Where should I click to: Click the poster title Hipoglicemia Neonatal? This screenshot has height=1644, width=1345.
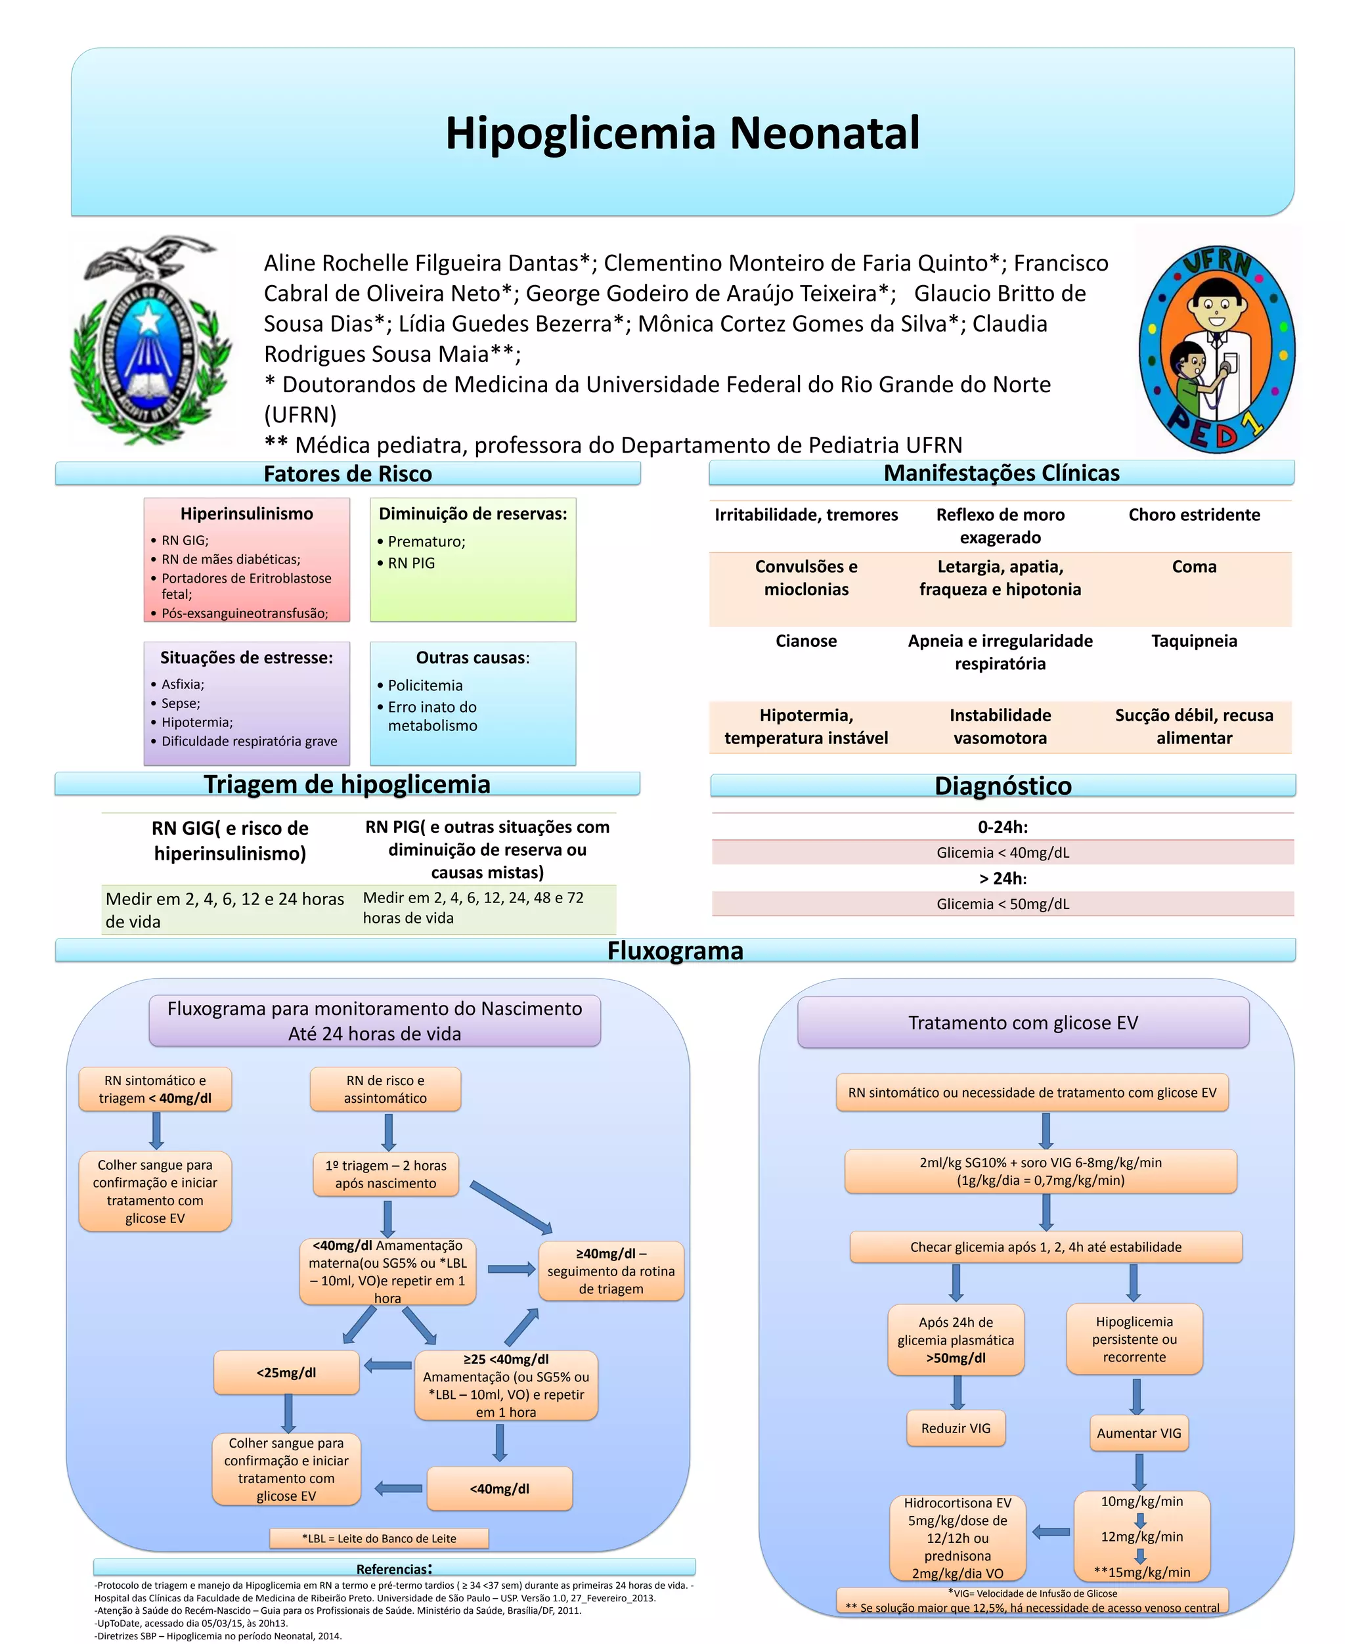(x=682, y=133)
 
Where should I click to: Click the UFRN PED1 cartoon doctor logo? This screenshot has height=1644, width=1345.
(x=1216, y=348)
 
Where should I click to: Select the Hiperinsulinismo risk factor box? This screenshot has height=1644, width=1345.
(x=246, y=560)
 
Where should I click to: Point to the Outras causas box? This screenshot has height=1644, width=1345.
(x=473, y=703)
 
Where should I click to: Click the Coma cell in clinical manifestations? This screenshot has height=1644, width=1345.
(x=1193, y=567)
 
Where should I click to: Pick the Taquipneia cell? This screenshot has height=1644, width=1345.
(x=1193, y=642)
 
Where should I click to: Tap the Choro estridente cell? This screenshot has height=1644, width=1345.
(x=1193, y=515)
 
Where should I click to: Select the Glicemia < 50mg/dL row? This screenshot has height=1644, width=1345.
(x=1003, y=903)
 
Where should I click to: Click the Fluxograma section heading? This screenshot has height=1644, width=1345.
(x=675, y=950)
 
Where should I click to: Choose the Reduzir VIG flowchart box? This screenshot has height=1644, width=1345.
(x=956, y=1428)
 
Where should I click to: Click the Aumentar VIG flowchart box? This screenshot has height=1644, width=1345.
(x=1138, y=1433)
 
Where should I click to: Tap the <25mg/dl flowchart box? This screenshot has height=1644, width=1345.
(x=286, y=1373)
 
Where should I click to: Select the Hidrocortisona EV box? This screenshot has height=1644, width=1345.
(x=958, y=1538)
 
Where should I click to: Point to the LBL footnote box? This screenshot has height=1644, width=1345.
(x=379, y=1538)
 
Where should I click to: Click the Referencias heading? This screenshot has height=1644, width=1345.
(x=393, y=1569)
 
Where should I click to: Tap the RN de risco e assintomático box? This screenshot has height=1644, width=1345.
(x=385, y=1089)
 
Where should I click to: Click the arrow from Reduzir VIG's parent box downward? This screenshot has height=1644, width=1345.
(x=958, y=1393)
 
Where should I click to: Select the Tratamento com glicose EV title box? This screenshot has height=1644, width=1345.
(x=1023, y=1023)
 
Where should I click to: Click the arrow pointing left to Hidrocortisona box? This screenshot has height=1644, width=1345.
(x=1051, y=1532)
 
